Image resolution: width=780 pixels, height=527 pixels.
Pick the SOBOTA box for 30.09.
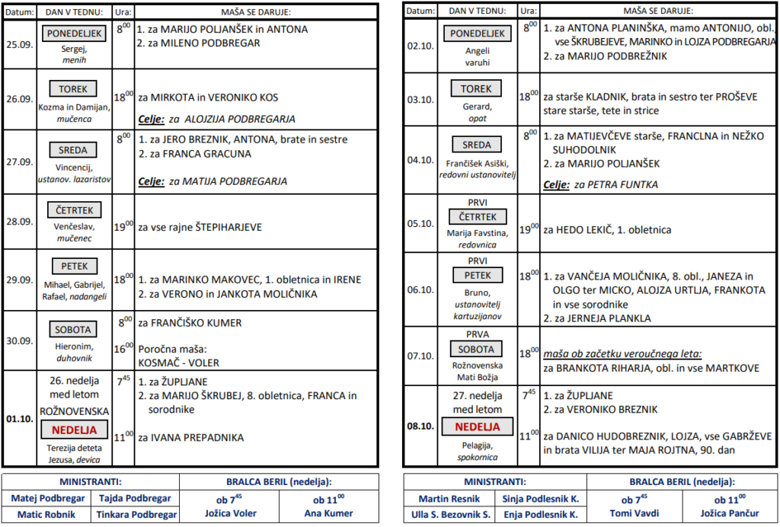(73, 330)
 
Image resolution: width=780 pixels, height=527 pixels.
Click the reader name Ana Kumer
(328, 513)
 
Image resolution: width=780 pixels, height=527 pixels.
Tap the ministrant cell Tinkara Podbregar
(136, 514)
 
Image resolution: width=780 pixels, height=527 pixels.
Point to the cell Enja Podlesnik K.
(541, 514)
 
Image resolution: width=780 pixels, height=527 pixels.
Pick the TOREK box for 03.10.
(477, 89)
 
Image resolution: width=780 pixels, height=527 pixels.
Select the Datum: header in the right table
(420, 11)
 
